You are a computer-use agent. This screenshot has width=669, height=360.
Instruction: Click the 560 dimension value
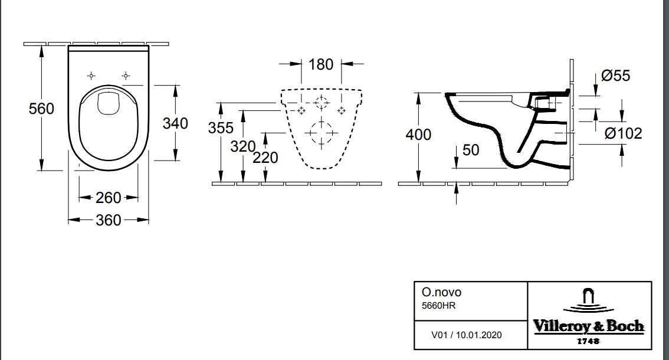(x=41, y=109)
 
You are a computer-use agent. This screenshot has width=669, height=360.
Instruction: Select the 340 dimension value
(x=175, y=123)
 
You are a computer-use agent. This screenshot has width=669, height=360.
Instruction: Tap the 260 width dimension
(x=109, y=198)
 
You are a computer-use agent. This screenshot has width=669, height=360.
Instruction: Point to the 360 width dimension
(x=109, y=220)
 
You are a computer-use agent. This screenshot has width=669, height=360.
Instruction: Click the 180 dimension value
(x=321, y=64)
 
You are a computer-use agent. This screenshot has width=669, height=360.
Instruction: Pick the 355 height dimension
(x=221, y=128)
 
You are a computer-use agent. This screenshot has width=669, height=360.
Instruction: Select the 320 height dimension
(x=242, y=146)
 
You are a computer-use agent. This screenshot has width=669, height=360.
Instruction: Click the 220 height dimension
(x=265, y=158)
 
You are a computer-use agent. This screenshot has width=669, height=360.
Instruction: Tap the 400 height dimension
(x=418, y=135)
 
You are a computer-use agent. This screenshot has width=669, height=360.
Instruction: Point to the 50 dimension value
(x=470, y=150)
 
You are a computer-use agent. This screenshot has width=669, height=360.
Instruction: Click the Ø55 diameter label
(x=615, y=76)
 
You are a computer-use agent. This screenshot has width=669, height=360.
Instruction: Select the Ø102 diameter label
(x=624, y=133)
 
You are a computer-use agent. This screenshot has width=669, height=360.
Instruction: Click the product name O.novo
(x=441, y=292)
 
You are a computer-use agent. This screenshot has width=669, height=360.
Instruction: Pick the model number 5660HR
(x=438, y=305)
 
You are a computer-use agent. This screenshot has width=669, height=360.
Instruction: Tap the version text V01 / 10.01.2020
(x=467, y=335)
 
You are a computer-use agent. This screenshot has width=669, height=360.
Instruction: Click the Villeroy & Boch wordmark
(x=588, y=326)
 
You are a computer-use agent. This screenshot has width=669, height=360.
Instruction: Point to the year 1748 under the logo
(x=588, y=341)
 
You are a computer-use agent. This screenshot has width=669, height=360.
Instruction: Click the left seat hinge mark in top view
(x=91, y=76)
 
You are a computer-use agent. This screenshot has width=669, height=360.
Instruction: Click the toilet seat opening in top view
(x=109, y=127)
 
